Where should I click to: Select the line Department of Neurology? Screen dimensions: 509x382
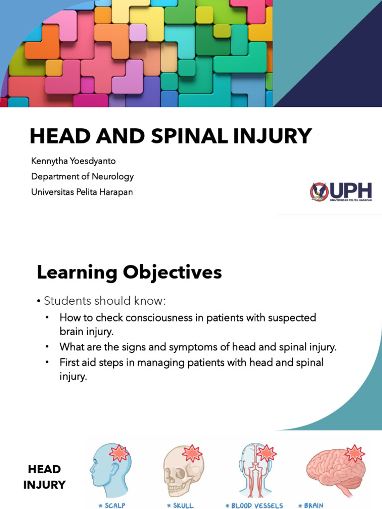point(82,176)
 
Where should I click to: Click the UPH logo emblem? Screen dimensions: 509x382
point(319,191)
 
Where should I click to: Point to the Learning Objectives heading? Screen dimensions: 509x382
point(129,272)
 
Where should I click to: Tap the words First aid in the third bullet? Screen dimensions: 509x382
point(77,362)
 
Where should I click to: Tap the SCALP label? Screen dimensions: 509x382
point(112,506)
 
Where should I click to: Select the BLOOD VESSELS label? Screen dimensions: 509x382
point(255,506)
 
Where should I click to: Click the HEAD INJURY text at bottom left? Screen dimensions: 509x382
point(44,477)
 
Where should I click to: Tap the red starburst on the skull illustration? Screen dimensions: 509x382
point(191,453)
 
